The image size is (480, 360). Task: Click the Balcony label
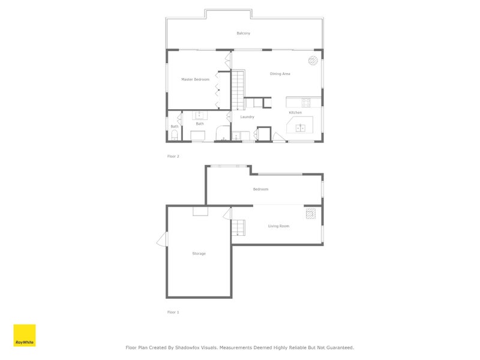243,33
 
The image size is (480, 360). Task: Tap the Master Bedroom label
196,79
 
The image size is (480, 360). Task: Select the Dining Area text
280,74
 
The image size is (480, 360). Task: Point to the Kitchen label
295,113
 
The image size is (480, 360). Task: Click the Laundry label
247,117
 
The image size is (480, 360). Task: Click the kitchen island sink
300,127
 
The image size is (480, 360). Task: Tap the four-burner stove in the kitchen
305,101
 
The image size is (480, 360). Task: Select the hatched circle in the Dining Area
313,60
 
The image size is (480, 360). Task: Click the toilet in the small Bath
173,136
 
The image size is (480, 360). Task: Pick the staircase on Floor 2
239,90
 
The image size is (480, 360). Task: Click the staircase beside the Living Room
238,227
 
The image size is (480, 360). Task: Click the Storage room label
199,254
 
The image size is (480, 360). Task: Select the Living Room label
278,226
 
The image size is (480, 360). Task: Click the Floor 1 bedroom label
260,189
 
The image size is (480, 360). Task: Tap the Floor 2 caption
173,156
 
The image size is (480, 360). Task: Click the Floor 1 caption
173,312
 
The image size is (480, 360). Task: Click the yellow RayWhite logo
25,335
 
